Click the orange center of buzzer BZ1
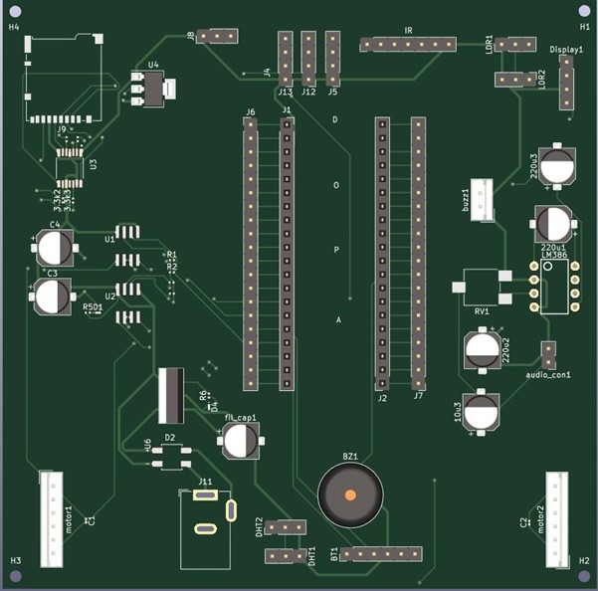[x=350, y=494]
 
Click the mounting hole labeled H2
[x=584, y=576]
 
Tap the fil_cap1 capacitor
[x=240, y=439]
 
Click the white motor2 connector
[x=556, y=517]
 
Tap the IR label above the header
[x=408, y=32]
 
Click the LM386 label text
[x=554, y=255]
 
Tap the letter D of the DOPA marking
[x=335, y=119]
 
